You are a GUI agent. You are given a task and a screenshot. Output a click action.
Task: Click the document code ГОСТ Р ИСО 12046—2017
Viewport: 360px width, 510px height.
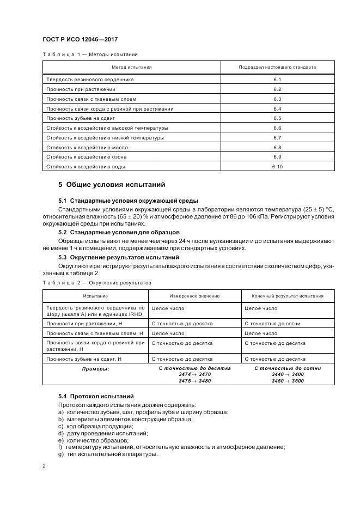pyautogui.click(x=80, y=40)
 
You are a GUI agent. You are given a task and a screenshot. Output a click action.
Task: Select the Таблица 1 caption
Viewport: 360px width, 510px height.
pyautogui.click(x=90, y=54)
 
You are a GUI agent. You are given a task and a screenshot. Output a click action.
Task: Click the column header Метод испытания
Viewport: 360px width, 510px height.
pyautogui.click(x=131, y=67)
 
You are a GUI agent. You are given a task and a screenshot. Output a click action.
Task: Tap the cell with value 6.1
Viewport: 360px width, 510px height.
pyautogui.click(x=277, y=80)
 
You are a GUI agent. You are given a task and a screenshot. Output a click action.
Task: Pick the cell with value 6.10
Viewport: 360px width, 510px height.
pyautogui.click(x=277, y=167)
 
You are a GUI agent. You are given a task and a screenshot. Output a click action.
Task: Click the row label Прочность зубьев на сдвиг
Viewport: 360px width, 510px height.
pyautogui.click(x=81, y=118)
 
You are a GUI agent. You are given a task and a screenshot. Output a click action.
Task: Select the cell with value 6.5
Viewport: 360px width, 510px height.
pyautogui.click(x=277, y=118)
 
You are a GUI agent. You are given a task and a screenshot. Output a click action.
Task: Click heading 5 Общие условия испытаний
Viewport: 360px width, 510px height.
pyautogui.click(x=112, y=185)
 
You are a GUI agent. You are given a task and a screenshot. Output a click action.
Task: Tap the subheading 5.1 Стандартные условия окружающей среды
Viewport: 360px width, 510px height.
pyautogui.click(x=128, y=201)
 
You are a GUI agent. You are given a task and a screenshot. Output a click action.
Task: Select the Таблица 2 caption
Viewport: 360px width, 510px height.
pyautogui.click(x=97, y=283)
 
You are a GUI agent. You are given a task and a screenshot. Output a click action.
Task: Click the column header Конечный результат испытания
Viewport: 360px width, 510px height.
pyautogui.click(x=288, y=296)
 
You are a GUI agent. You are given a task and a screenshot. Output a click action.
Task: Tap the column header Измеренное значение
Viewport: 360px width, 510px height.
pyautogui.click(x=194, y=296)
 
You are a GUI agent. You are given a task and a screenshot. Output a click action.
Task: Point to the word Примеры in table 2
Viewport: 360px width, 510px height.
pyautogui.click(x=95, y=369)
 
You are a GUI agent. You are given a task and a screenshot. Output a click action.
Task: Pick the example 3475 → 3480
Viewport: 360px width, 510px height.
pyautogui.click(x=194, y=381)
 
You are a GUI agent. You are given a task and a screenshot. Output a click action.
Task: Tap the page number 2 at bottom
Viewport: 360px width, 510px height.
pyautogui.click(x=44, y=466)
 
